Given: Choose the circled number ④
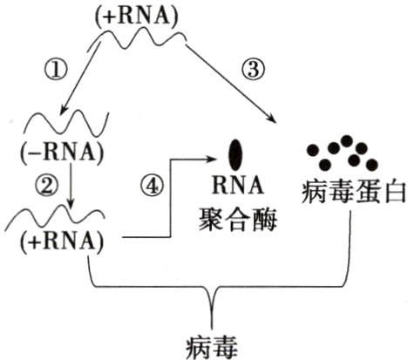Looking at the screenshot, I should click(152, 185).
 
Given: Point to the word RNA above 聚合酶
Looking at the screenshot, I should click(235, 186).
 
